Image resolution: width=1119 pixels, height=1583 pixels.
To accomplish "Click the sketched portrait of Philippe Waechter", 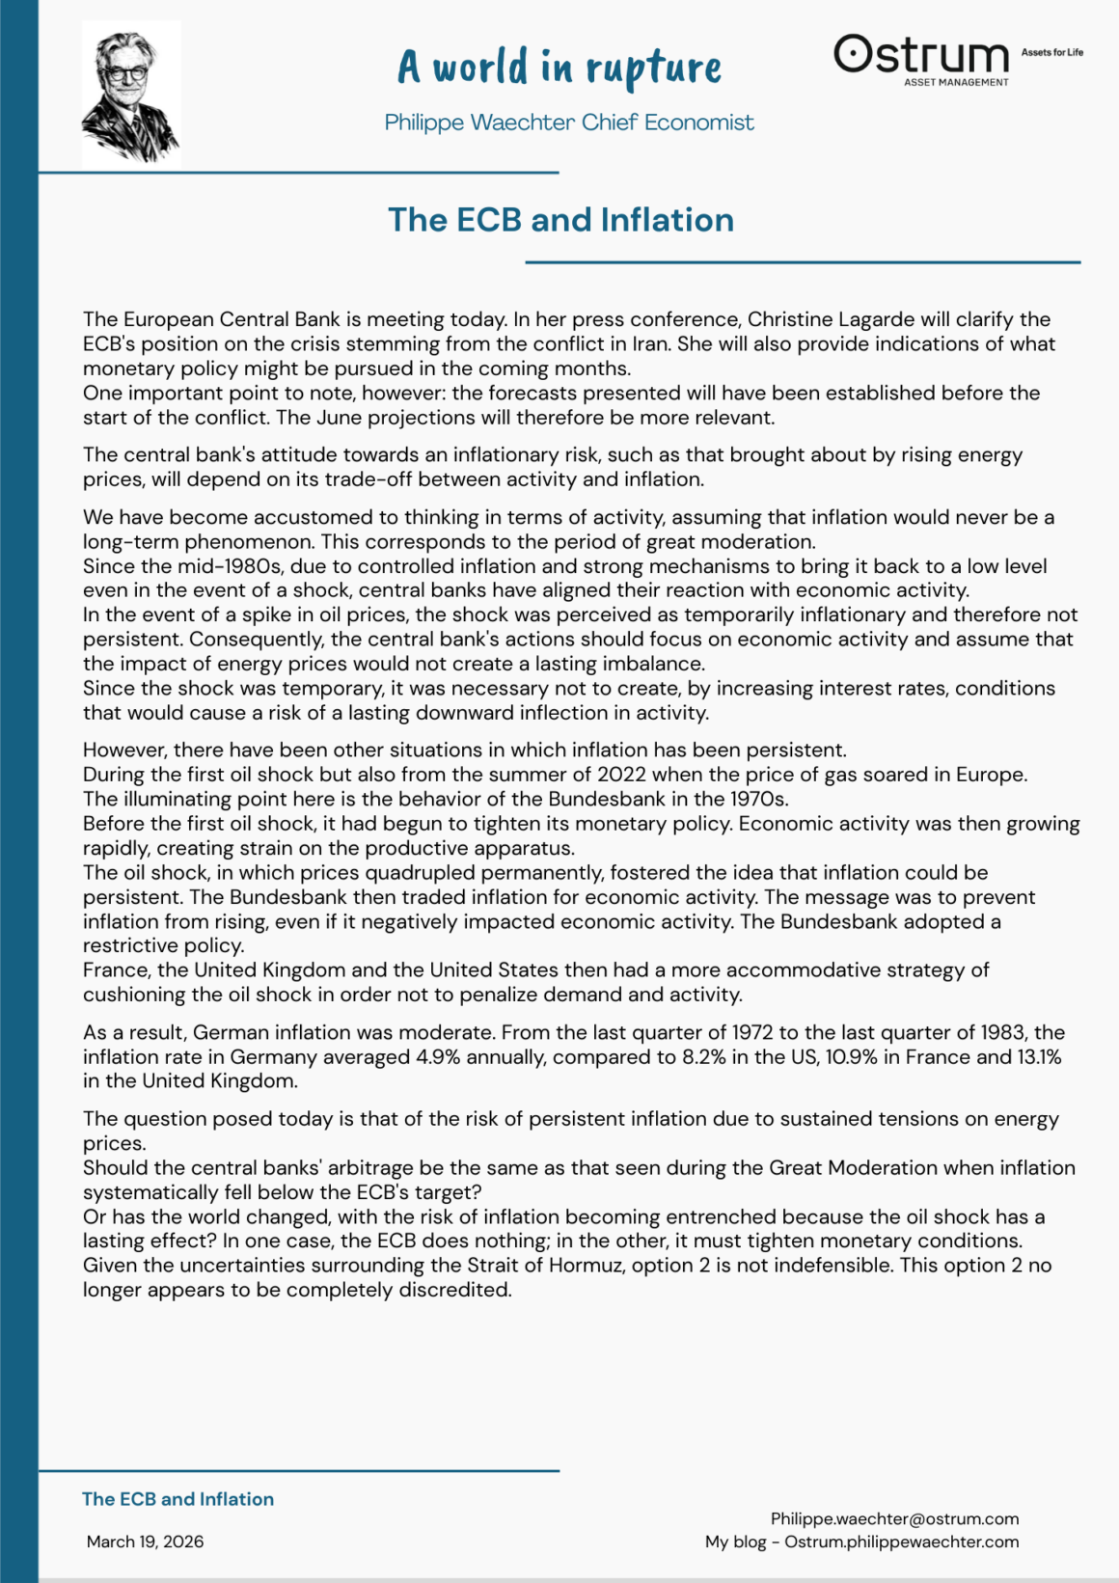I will pyautogui.click(x=131, y=95).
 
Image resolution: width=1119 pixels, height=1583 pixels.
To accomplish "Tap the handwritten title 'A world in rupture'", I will pyautogui.click(x=559, y=68).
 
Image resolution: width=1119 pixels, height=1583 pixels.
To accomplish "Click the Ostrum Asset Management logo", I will pyautogui.click(x=921, y=60).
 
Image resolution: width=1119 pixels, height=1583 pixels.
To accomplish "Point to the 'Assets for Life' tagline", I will pyautogui.click(x=1051, y=52).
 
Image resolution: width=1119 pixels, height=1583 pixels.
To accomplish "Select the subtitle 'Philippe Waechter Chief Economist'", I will pyautogui.click(x=569, y=123).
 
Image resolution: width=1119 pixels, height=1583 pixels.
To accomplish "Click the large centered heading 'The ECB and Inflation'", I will pyautogui.click(x=560, y=220).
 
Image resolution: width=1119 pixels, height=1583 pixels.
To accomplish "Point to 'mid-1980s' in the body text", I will pyautogui.click(x=233, y=566).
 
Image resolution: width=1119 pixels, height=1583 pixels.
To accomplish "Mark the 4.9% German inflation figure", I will pyautogui.click(x=438, y=1057).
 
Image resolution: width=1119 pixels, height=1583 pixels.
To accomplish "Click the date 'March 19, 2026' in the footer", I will pyautogui.click(x=145, y=1542).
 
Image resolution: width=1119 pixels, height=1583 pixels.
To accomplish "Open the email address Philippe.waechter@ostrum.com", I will pyautogui.click(x=894, y=1519).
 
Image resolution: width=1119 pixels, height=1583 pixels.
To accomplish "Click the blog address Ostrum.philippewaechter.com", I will pyautogui.click(x=901, y=1542).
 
